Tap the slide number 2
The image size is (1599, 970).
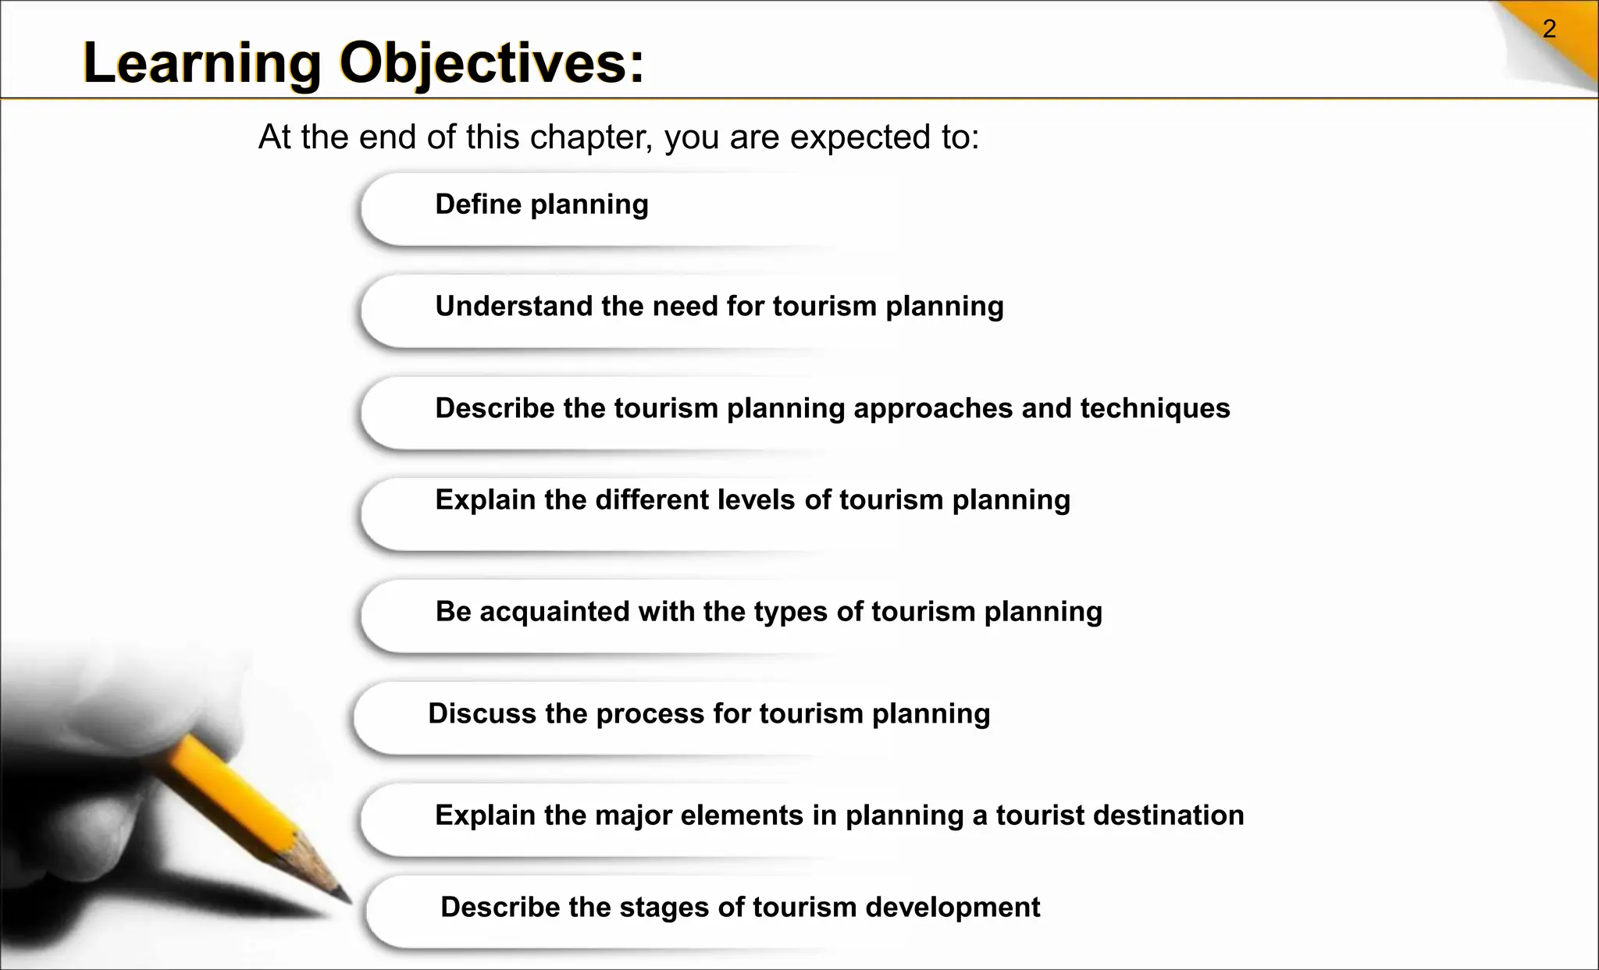coord(1549,30)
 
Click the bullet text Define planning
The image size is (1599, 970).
coord(541,204)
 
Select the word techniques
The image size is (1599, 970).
coord(1155,408)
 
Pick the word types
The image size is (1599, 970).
coord(790,611)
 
